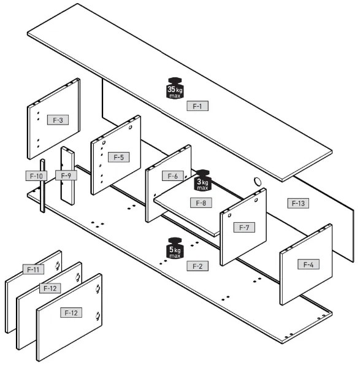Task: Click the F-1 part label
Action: [x=197, y=106]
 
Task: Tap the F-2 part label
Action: [x=197, y=266]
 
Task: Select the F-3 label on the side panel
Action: [x=58, y=120]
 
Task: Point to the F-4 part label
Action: [x=308, y=264]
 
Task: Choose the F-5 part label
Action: [x=118, y=157]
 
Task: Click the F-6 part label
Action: [x=173, y=176]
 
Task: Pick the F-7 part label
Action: [x=244, y=227]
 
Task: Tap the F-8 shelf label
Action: [x=201, y=202]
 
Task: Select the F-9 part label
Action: [x=66, y=175]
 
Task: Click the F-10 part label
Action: [x=36, y=176]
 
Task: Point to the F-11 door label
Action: [x=33, y=269]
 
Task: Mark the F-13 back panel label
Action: [x=298, y=203]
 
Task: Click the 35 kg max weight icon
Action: [x=175, y=88]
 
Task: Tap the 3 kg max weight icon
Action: [x=202, y=180]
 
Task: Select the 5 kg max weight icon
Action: [x=175, y=249]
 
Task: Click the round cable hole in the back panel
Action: [x=258, y=182]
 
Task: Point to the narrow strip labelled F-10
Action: [x=42, y=186]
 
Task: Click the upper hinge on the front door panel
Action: [x=98, y=289]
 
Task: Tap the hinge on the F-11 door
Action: [x=57, y=266]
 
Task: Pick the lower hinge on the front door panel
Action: [x=98, y=316]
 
